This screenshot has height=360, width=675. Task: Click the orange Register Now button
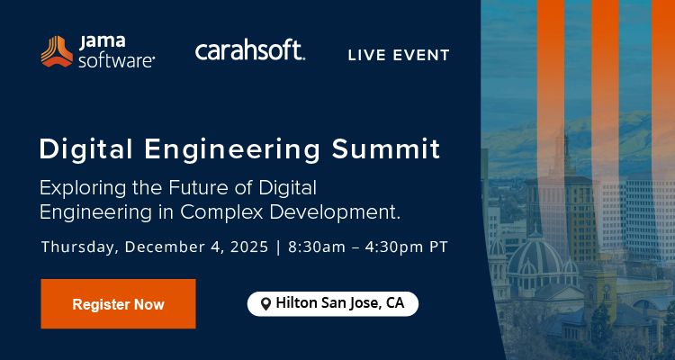tap(118, 304)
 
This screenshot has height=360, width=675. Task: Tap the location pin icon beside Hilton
tap(265, 304)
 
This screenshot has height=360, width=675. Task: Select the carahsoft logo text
tap(249, 50)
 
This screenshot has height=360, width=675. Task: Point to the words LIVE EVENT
tap(399, 56)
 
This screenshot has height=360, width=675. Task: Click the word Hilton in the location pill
tap(296, 303)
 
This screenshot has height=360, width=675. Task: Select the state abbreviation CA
tap(395, 303)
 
